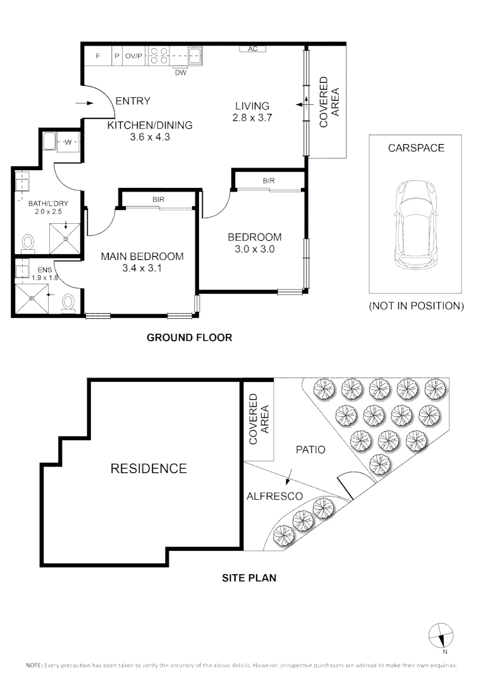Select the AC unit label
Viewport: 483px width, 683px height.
point(253,49)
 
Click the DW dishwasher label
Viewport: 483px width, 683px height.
point(181,73)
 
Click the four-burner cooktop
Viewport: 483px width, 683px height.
point(158,56)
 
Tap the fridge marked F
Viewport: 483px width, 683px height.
point(97,56)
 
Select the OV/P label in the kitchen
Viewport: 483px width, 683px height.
point(133,56)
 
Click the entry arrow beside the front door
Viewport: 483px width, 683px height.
point(85,103)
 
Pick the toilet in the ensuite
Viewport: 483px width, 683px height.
point(68,303)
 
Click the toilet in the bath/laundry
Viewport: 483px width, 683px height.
point(28,244)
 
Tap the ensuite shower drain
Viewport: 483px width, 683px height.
point(32,298)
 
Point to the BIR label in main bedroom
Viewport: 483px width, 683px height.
point(158,199)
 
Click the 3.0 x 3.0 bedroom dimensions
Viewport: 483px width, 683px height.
point(255,249)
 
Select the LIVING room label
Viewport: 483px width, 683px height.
point(252,106)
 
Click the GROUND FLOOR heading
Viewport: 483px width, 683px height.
point(190,338)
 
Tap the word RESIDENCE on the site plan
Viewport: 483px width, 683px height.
point(149,469)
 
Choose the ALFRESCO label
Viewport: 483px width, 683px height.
point(274,496)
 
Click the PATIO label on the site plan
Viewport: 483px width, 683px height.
point(310,450)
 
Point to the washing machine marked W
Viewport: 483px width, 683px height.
point(68,142)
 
